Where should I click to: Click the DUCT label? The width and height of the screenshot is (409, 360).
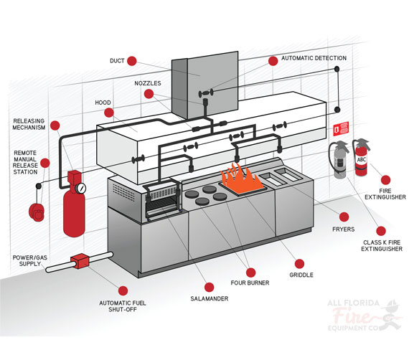pos(117,61)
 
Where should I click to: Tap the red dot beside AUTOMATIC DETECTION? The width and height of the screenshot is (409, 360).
pos(273,61)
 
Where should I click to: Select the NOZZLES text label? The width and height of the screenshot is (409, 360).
pos(148,83)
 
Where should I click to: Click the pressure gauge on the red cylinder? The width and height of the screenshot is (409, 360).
pos(81,188)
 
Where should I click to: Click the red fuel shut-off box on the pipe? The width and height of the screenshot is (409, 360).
pos(80,261)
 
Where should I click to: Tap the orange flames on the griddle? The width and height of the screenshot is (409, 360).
pos(241,178)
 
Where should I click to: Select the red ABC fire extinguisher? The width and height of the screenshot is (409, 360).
pos(361,157)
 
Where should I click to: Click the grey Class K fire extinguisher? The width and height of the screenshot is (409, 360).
pos(339,159)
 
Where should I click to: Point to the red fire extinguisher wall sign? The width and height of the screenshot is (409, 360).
pos(341,129)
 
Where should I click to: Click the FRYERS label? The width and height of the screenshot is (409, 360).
pos(343,229)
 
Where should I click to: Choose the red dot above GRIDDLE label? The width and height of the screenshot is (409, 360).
pos(299,264)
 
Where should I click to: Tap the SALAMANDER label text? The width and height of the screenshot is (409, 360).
pos(210,299)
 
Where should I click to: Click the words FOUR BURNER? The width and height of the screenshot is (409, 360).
pos(250,283)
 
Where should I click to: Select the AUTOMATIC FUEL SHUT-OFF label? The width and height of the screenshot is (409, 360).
pos(123,306)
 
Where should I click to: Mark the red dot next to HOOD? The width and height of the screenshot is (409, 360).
pos(109,113)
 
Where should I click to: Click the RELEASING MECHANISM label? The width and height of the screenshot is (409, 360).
pos(29,124)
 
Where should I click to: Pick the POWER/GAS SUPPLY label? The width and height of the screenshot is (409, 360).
pos(30,261)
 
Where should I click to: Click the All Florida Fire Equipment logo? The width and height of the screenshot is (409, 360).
pos(365,316)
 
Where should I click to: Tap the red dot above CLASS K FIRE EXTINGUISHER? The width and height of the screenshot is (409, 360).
pos(381,231)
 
